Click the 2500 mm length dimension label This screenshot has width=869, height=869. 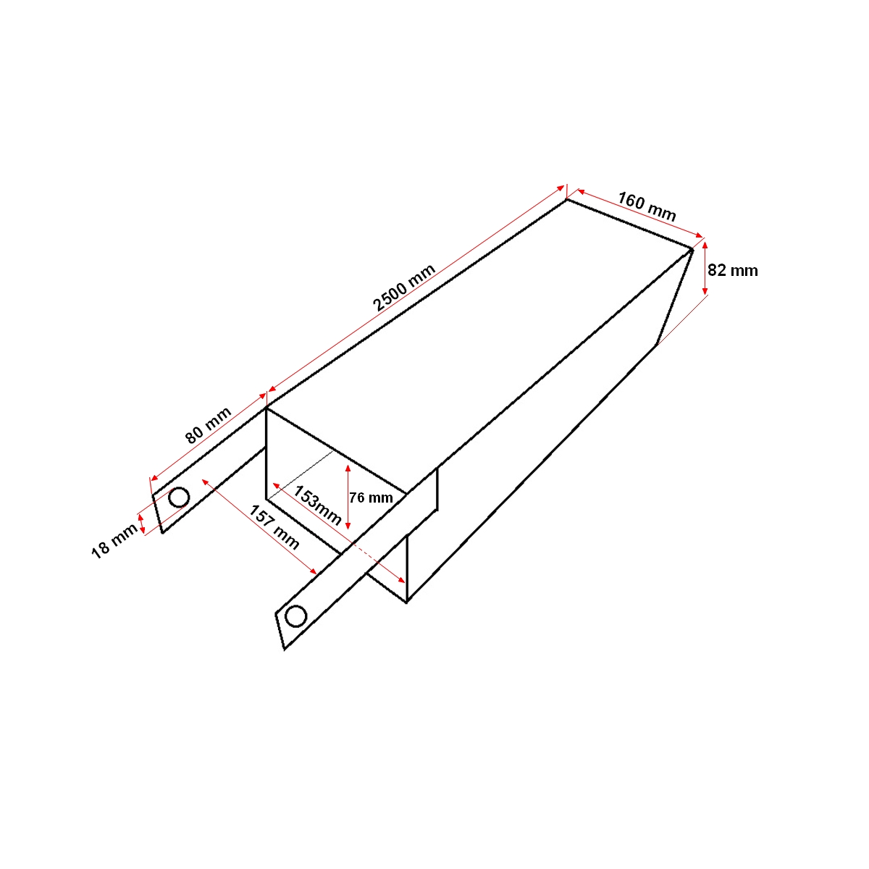[x=405, y=287]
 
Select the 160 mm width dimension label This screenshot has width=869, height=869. [x=647, y=206]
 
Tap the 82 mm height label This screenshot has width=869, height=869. [x=732, y=271]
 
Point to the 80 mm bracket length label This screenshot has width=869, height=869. [x=208, y=425]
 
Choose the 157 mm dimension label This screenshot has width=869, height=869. [x=274, y=526]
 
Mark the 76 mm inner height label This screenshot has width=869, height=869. [x=371, y=498]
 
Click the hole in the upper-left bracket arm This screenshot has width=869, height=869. [x=179, y=498]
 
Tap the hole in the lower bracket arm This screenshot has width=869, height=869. [x=295, y=616]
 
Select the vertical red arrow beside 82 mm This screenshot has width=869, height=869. [x=706, y=268]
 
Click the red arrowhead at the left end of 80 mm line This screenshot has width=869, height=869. [x=153, y=478]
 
